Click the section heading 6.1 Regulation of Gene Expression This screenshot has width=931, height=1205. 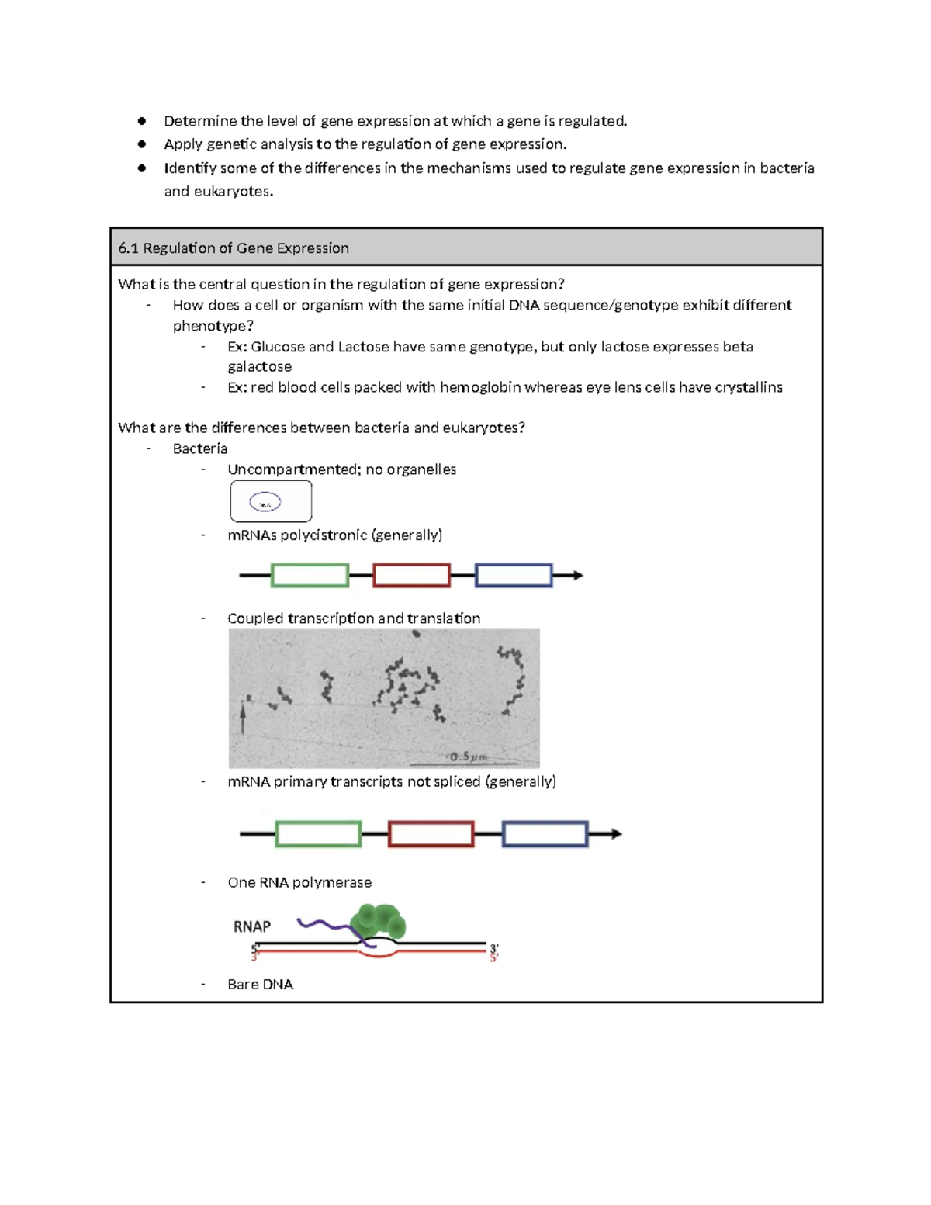click(234, 248)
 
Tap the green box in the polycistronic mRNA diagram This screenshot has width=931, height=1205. click(310, 576)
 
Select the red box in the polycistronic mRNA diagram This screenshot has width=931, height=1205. click(411, 576)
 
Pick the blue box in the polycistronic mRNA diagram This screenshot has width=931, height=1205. click(513, 576)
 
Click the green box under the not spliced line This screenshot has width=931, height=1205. click(318, 834)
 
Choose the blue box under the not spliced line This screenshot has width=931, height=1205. click(545, 834)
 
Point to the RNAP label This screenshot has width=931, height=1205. click(252, 926)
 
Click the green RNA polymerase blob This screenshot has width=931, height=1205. click(377, 922)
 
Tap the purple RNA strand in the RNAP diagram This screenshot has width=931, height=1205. click(322, 924)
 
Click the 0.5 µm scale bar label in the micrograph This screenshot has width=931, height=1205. click(469, 757)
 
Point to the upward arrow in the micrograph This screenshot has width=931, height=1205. click(244, 714)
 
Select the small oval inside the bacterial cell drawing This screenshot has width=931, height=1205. click(265, 504)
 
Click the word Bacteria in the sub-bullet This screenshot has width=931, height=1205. click(200, 448)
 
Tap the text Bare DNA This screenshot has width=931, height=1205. click(260, 984)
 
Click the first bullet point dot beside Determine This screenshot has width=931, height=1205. click(142, 121)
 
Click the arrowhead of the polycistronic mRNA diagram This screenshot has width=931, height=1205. click(577, 576)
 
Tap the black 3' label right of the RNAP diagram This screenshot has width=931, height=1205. click(493, 948)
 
